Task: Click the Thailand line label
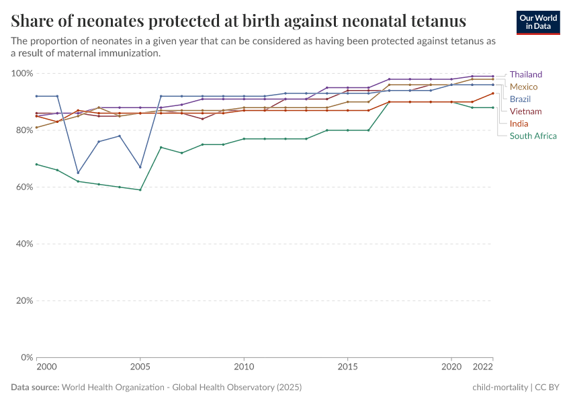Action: (525, 75)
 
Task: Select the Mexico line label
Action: (523, 87)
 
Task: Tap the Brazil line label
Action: (520, 99)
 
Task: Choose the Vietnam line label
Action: (525, 111)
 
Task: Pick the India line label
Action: (519, 124)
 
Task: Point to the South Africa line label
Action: (533, 136)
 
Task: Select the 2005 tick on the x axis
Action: (140, 368)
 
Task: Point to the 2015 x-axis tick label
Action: (347, 368)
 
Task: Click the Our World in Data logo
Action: (537, 22)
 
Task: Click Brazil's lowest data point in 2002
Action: (78, 173)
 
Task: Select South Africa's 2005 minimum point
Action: (140, 190)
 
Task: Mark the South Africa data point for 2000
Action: (36, 164)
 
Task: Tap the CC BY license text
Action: (547, 388)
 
